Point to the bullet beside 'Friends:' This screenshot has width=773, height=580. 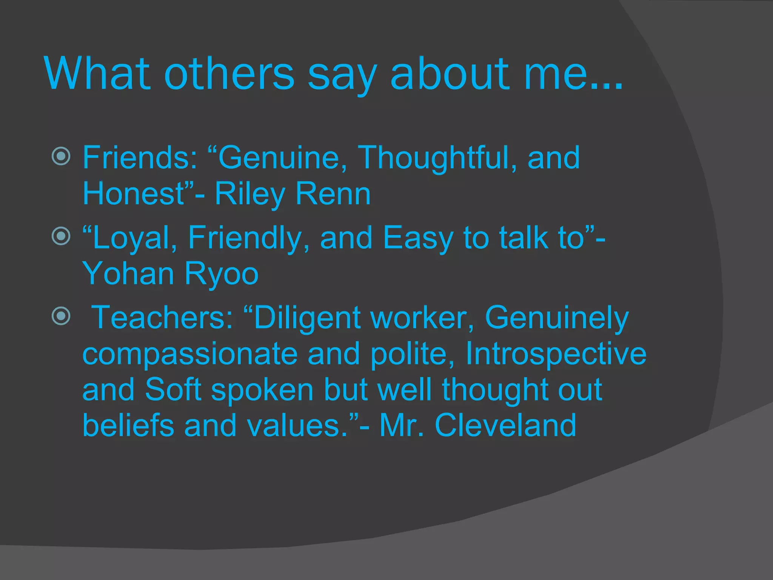click(x=61, y=156)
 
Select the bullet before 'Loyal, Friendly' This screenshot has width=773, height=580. click(x=61, y=236)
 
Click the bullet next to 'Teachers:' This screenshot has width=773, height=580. click(x=61, y=316)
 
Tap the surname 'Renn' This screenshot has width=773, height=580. click(x=333, y=194)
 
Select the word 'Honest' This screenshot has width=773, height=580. click(x=133, y=194)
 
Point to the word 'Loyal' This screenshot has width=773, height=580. click(x=131, y=238)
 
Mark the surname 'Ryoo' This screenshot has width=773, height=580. click(x=222, y=274)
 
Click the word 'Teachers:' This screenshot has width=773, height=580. click(x=162, y=318)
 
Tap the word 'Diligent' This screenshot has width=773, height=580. click(x=307, y=318)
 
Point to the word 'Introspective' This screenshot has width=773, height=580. click(x=556, y=354)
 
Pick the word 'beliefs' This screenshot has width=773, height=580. click(x=128, y=425)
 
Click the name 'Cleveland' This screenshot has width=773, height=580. click(x=506, y=425)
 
